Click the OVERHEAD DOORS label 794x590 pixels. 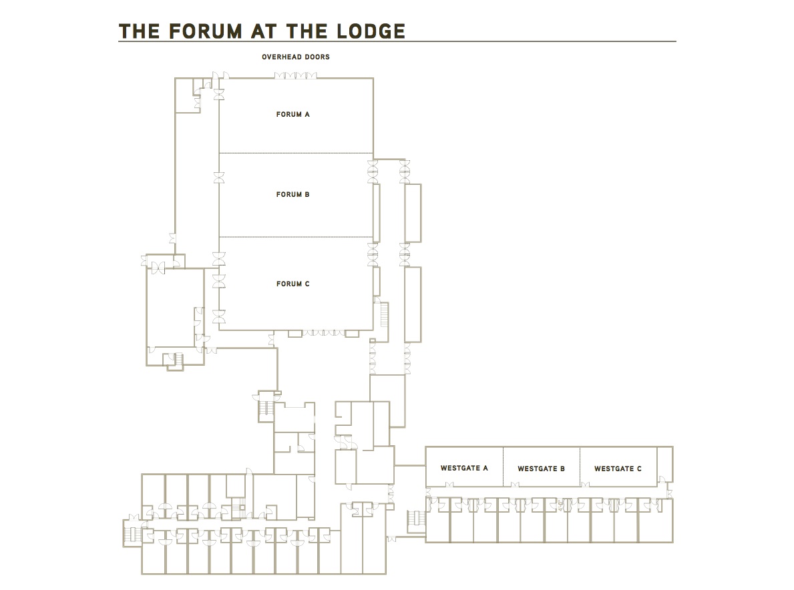click(296, 57)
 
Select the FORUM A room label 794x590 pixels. click(293, 115)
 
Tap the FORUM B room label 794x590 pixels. click(293, 195)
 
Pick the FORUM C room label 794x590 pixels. click(293, 284)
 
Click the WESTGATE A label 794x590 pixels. click(464, 469)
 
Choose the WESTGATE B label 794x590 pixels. click(542, 469)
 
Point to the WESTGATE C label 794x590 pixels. click(618, 469)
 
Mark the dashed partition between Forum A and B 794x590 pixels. click(296, 154)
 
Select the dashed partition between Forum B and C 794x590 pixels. click(296, 237)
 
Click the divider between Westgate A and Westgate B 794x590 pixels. click(503, 467)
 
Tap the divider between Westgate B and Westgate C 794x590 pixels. click(580, 467)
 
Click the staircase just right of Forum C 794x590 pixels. click(384, 314)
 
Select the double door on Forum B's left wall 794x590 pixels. click(219, 178)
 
